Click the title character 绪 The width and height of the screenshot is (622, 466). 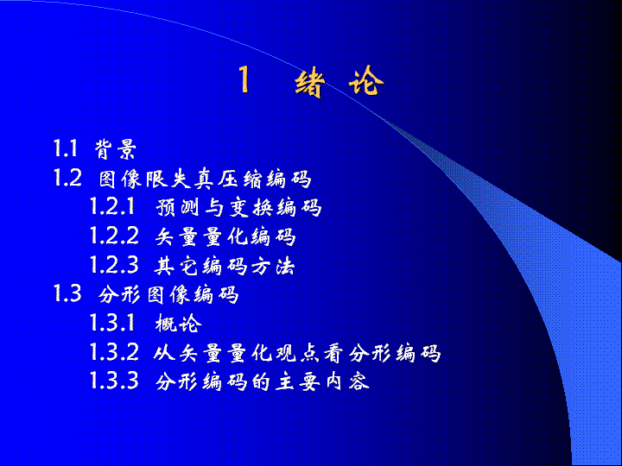(310, 83)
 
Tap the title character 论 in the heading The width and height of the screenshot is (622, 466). (366, 81)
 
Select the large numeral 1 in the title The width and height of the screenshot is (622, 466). (244, 79)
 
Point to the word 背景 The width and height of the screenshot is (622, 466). (116, 149)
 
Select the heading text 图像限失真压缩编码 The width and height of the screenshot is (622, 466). (205, 179)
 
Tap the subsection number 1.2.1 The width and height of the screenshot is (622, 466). (112, 206)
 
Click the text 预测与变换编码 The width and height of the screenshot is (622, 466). (238, 207)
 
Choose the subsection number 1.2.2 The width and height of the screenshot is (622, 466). (114, 236)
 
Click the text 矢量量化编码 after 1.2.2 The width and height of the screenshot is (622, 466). (225, 236)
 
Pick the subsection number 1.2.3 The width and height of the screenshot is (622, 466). (114, 264)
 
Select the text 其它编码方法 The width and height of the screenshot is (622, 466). (225, 266)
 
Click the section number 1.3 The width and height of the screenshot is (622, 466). (68, 293)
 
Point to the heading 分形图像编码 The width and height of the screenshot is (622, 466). (168, 295)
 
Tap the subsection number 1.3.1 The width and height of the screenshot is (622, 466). (112, 323)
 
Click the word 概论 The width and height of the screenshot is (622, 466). (179, 324)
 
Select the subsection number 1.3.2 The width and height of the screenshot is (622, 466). (114, 352)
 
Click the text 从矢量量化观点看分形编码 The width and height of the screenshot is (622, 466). (297, 353)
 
